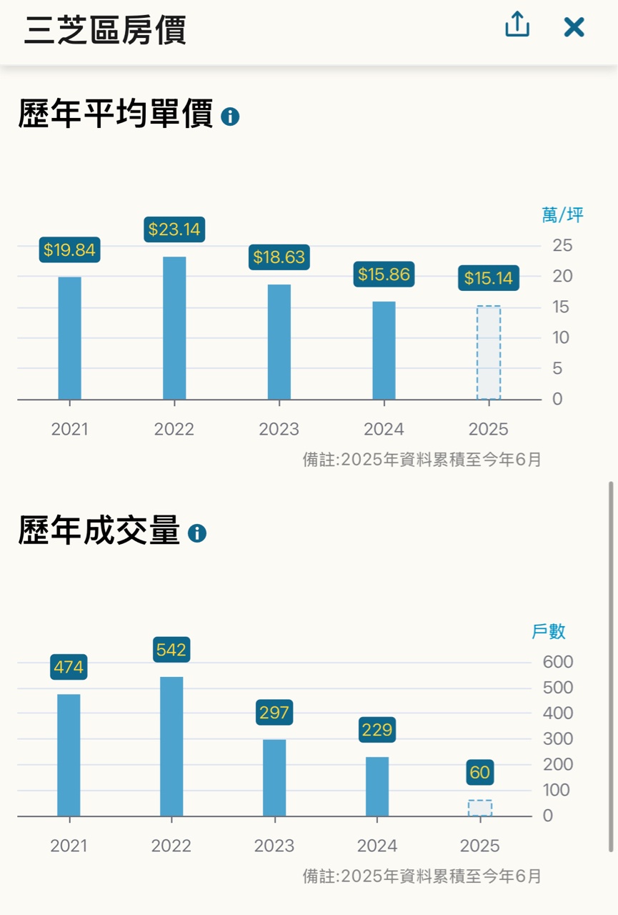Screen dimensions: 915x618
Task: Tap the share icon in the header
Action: pyautogui.click(x=517, y=26)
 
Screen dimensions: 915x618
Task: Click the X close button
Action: pyautogui.click(x=574, y=27)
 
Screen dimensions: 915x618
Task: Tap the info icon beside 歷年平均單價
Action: pyautogui.click(x=230, y=117)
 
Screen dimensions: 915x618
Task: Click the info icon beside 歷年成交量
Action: pyautogui.click(x=196, y=533)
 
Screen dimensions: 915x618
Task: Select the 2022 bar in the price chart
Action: pyautogui.click(x=174, y=328)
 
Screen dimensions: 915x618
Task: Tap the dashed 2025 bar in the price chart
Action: pyautogui.click(x=489, y=352)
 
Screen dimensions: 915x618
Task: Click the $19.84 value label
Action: pyautogui.click(x=69, y=250)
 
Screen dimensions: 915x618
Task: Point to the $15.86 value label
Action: pyautogui.click(x=384, y=274)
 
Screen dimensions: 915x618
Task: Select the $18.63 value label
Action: pyautogui.click(x=279, y=257)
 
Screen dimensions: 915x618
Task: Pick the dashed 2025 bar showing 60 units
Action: pyautogui.click(x=480, y=808)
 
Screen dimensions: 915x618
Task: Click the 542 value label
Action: pyautogui.click(x=171, y=650)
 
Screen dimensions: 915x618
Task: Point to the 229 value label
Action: pyautogui.click(x=377, y=730)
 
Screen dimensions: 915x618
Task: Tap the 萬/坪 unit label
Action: pyautogui.click(x=563, y=215)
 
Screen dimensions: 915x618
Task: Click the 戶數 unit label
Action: pyautogui.click(x=549, y=631)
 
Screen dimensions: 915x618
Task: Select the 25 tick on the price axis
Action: pyautogui.click(x=562, y=246)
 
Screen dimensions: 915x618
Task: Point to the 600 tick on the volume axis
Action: pyautogui.click(x=558, y=662)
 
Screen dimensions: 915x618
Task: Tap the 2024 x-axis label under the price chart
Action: pyautogui.click(x=384, y=430)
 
